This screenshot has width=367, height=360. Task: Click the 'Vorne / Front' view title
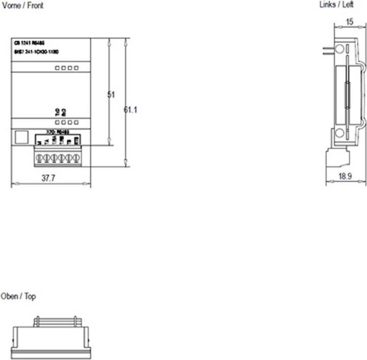22,6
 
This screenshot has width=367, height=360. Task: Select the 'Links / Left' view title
336,5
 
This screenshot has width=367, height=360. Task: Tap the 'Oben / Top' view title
18,296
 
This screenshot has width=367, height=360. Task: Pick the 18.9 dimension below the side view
346,176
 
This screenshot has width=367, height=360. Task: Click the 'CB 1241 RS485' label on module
30,44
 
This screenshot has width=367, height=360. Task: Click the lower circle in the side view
338,134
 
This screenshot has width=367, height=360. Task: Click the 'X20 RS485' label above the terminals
56,131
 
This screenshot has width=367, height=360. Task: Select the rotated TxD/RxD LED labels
60,112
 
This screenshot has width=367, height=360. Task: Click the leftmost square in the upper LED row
58,68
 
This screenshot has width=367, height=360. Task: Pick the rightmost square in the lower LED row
76,123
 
